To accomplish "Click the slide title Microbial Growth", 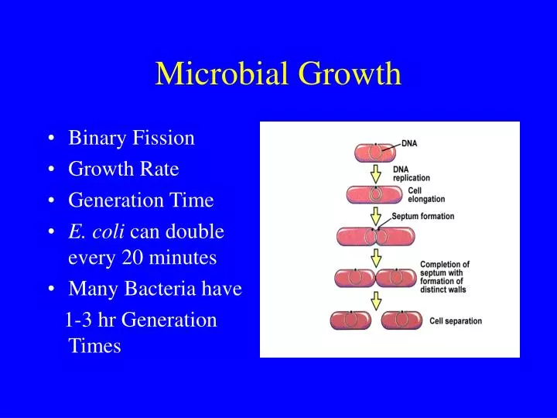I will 278,74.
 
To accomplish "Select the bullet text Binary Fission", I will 132,139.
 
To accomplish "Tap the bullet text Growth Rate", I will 124,170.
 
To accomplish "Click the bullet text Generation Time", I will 141,200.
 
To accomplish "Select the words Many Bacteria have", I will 155,289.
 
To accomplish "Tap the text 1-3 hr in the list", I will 94,320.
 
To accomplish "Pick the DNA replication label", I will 412,173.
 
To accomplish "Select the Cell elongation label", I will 426,195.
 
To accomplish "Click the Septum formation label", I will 423,217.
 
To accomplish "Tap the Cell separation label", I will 456,320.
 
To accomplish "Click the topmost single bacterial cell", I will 375,152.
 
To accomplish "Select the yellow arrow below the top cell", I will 376,173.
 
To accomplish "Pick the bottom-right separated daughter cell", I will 401,319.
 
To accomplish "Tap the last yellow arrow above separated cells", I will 376,300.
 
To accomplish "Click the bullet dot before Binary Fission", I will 51,139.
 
